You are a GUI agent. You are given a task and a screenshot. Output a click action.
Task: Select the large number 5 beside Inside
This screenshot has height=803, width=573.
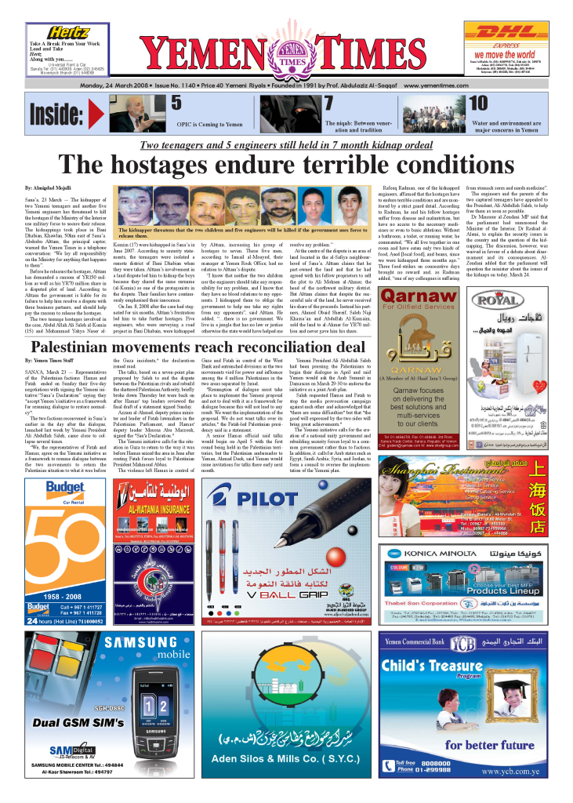[x=177, y=103]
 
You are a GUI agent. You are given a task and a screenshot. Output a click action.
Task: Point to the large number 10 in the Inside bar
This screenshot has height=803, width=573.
[x=478, y=103]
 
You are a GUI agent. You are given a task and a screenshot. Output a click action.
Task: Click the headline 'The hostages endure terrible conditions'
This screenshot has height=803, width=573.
[x=286, y=165]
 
